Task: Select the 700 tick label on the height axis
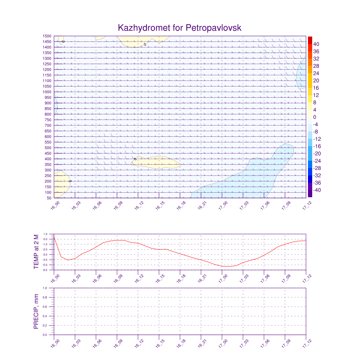tap(48, 126)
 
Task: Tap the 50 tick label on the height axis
tap(49, 198)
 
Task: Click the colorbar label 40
tap(316, 44)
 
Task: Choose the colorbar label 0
tap(315, 117)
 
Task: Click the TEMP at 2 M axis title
tap(36, 252)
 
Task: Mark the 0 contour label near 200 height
tap(70, 181)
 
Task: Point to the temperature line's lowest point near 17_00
tap(228, 266)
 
